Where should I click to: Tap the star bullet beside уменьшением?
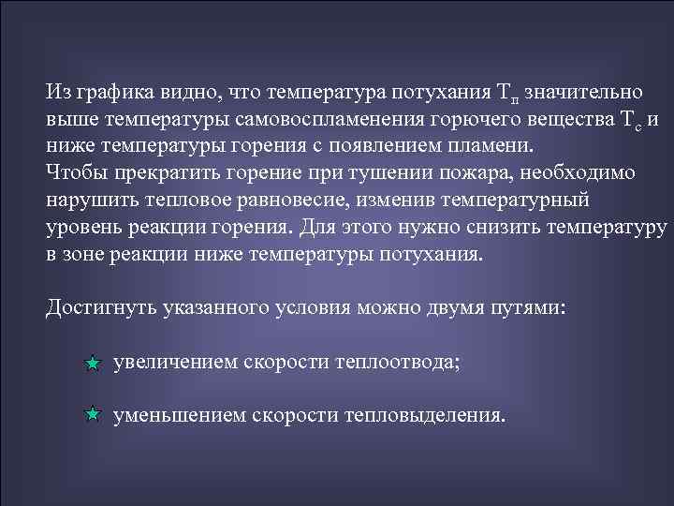92,413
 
